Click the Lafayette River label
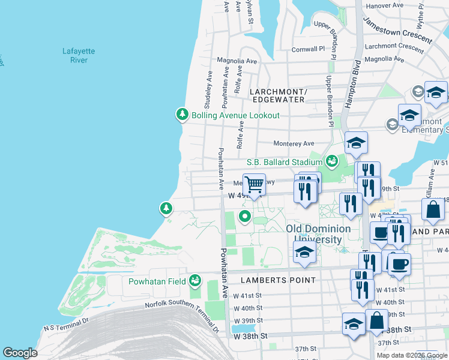point(75,55)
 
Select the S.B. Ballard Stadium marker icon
point(331,161)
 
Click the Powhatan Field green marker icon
point(194,280)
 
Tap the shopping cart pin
point(255,184)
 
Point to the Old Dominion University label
point(318,234)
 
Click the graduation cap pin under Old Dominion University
point(305,253)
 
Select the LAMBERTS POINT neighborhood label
point(278,280)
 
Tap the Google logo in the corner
point(21,353)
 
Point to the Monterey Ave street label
point(294,143)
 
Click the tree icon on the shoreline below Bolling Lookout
point(166,208)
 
